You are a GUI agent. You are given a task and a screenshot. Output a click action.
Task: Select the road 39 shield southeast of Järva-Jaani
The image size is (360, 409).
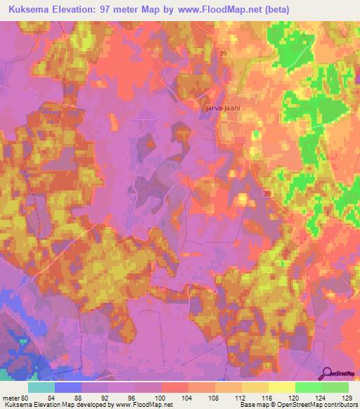[x=266, y=193]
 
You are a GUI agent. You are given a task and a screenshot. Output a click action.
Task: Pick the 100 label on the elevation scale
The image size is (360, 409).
[x=161, y=398]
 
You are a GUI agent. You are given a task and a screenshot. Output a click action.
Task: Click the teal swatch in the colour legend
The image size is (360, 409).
[x=41, y=387]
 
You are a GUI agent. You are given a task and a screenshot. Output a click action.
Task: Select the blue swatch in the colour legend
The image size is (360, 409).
[x=67, y=387]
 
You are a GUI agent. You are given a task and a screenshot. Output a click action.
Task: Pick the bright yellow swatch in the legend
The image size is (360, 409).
[x=281, y=387]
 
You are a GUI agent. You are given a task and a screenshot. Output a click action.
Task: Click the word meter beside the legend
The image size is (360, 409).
[x=11, y=398]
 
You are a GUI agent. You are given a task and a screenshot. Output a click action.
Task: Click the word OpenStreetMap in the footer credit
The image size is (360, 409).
[x=294, y=405]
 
